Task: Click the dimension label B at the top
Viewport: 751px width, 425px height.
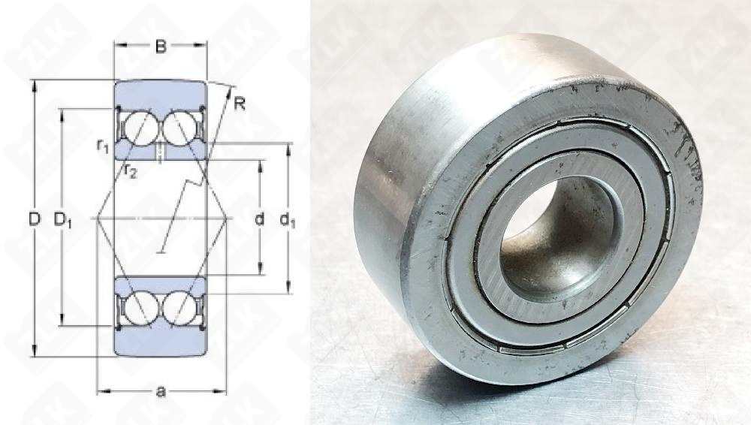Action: [161, 47]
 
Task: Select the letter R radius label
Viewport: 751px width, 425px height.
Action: [239, 104]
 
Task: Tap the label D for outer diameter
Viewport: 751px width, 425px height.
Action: [34, 219]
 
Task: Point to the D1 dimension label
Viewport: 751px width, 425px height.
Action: [62, 220]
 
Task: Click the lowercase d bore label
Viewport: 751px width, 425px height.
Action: [259, 219]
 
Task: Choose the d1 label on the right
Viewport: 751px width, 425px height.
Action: [288, 220]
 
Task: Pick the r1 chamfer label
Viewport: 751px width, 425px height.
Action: [102, 145]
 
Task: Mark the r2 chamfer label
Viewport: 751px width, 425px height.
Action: [129, 170]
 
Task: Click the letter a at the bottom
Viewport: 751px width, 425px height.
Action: [161, 391]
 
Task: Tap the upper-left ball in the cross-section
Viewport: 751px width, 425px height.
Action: [141, 128]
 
